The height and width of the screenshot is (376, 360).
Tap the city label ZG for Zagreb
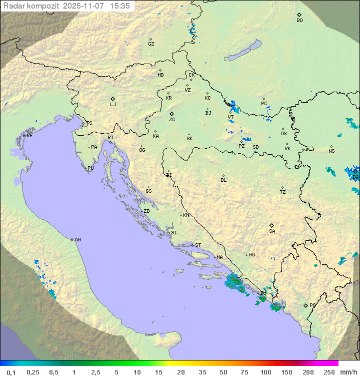[x=172, y=120]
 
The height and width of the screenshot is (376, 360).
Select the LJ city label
[x=113, y=105]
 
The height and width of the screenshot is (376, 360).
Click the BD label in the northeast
[x=299, y=21]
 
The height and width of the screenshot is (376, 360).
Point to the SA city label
[x=272, y=231]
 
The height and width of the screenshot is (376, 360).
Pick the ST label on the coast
[x=198, y=245]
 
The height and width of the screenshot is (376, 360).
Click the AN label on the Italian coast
[x=77, y=240]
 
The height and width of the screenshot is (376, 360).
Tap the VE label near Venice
[x=29, y=136]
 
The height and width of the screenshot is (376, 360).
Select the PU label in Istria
[x=90, y=168]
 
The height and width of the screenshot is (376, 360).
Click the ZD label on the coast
[x=146, y=211]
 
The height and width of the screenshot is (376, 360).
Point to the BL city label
[x=223, y=180]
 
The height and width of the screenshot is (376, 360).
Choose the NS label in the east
[x=331, y=151]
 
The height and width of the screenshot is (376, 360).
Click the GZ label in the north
[x=151, y=44]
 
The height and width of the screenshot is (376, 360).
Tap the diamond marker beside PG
[x=305, y=305]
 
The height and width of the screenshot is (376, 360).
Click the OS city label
[x=283, y=134]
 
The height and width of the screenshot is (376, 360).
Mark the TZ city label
[x=283, y=192]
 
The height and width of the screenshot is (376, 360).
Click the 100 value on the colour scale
[x=266, y=372]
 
